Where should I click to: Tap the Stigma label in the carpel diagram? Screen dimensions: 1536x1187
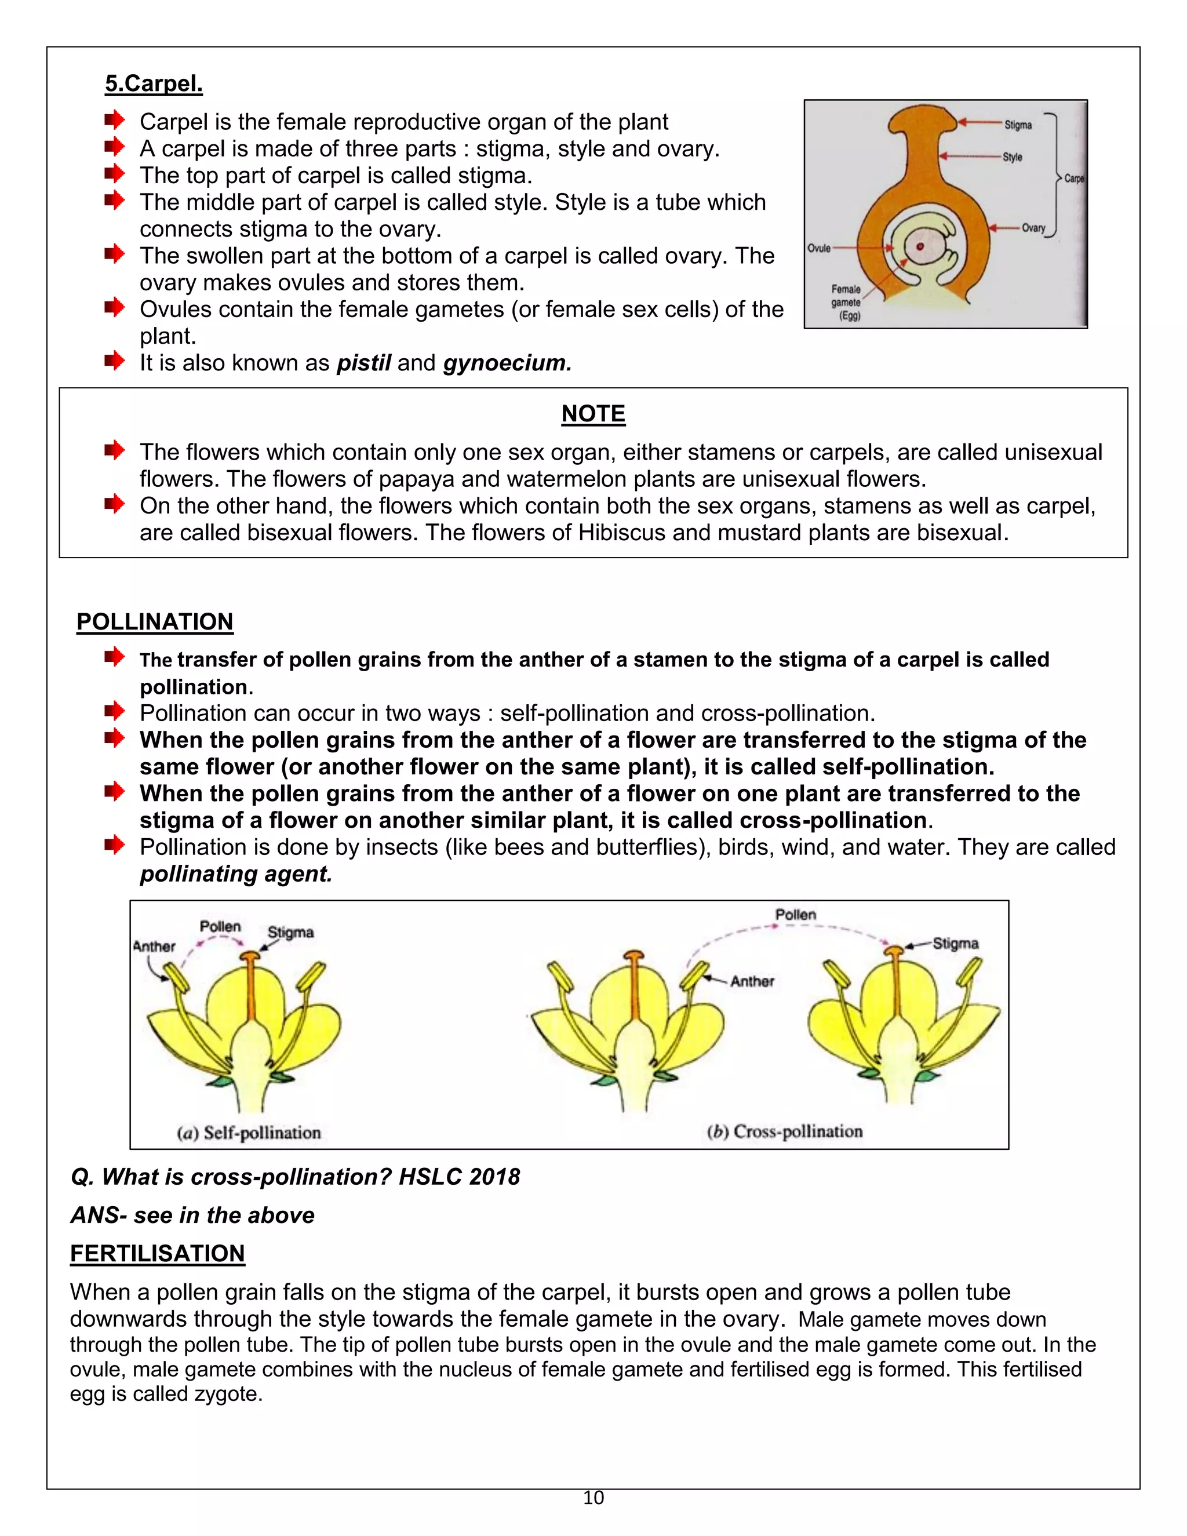[1018, 125]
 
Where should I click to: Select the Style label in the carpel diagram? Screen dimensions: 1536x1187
[1012, 158]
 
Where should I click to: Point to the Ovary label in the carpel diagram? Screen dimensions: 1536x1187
[1033, 228]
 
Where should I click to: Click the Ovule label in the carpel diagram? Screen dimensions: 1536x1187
[818, 248]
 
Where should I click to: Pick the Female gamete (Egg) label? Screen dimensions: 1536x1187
[846, 303]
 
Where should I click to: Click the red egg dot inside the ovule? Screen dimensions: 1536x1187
[920, 247]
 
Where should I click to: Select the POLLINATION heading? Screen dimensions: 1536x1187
[155, 622]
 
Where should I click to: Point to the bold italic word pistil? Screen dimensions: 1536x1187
[363, 363]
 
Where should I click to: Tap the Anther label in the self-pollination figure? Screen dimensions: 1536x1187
[154, 947]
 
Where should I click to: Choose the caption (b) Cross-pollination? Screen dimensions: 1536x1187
[784, 1131]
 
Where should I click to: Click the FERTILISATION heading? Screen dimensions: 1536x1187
[158, 1253]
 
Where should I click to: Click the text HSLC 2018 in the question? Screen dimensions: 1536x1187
[459, 1177]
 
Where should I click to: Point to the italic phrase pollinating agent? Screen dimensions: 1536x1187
[235, 874]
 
